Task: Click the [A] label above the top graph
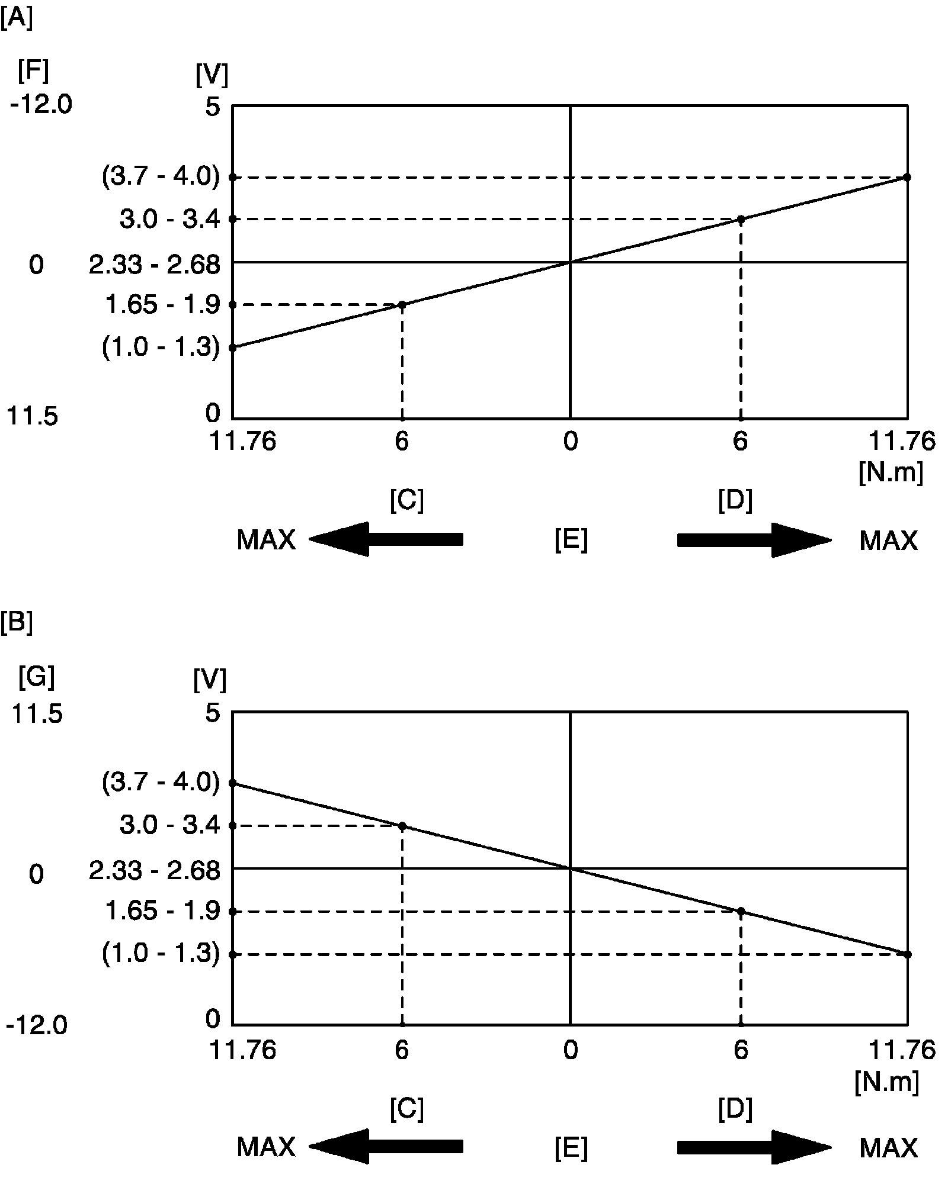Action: (x=16, y=20)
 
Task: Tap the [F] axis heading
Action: (x=33, y=72)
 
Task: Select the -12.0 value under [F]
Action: (x=41, y=105)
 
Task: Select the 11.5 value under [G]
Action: (x=37, y=714)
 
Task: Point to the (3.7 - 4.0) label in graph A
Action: (x=161, y=177)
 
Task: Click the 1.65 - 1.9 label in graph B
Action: (x=162, y=911)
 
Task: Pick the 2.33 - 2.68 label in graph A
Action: (x=154, y=265)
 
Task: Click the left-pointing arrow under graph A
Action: (x=385, y=539)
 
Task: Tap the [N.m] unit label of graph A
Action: (x=891, y=473)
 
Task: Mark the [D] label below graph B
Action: (x=735, y=1108)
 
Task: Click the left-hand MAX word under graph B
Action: (x=266, y=1147)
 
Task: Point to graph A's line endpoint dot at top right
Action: (x=907, y=177)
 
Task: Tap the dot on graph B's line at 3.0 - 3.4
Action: (x=402, y=826)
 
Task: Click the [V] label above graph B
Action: (x=210, y=681)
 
